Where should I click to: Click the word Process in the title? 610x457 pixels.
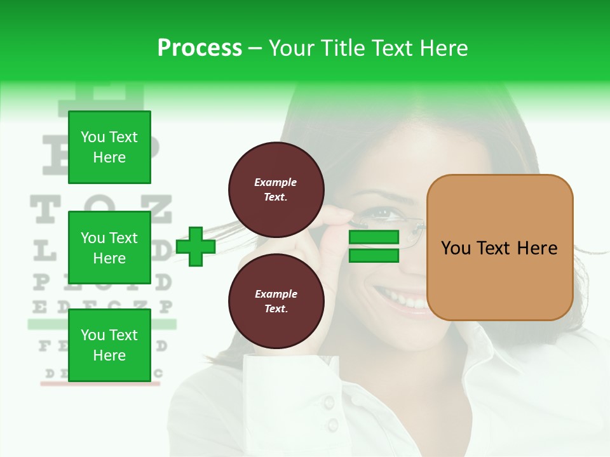tap(200, 48)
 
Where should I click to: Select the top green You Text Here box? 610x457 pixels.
tap(109, 147)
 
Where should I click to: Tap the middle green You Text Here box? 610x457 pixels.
tap(109, 248)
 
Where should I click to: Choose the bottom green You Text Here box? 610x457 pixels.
tap(109, 345)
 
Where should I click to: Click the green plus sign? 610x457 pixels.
tap(196, 246)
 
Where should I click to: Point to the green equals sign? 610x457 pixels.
tap(374, 246)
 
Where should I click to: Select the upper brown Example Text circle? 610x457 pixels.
tap(276, 190)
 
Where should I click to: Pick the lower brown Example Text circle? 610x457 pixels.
tap(276, 301)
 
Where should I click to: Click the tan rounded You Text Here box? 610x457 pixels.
tap(499, 248)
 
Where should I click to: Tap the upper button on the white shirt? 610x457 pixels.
tap(329, 402)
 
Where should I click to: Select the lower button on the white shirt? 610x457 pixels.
tap(332, 425)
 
